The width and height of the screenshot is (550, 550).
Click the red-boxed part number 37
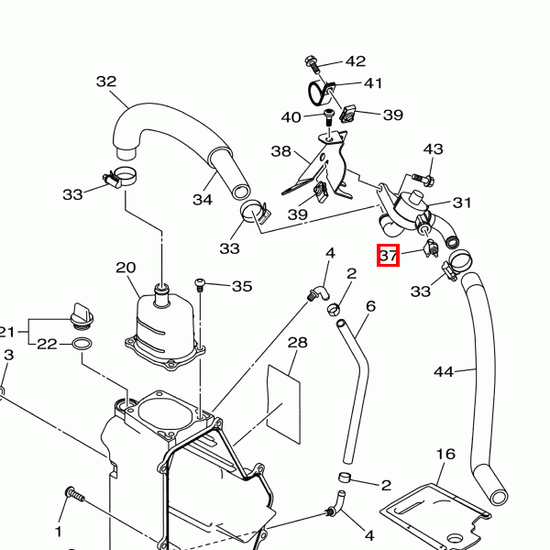pyautogui.click(x=389, y=256)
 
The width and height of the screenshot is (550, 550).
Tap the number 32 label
pyautogui.click(x=106, y=82)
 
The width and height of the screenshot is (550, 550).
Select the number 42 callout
pyautogui.click(x=355, y=61)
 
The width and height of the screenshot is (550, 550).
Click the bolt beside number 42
pyautogui.click(x=311, y=63)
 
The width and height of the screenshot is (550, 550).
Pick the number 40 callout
pyautogui.click(x=291, y=116)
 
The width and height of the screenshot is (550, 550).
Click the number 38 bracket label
pyautogui.click(x=280, y=150)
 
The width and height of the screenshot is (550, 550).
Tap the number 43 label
pyautogui.click(x=433, y=149)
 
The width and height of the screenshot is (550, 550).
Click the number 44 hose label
pyautogui.click(x=444, y=371)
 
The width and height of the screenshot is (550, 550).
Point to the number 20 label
pyautogui.click(x=126, y=268)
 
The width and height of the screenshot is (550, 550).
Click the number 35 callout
pyautogui.click(x=241, y=286)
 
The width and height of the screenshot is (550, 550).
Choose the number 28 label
pyautogui.click(x=297, y=343)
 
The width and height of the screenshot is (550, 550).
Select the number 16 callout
pyautogui.click(x=445, y=454)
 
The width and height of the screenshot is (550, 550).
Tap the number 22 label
pyautogui.click(x=46, y=344)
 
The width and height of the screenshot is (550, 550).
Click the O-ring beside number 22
pyautogui.click(x=81, y=345)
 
